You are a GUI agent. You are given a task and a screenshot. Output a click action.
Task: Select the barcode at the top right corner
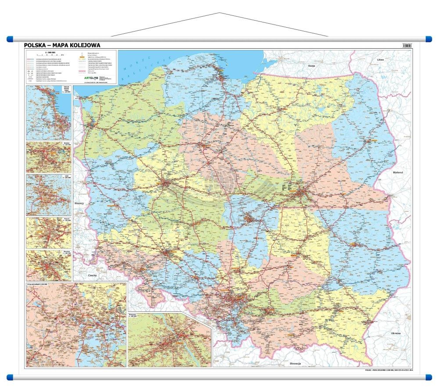tap(407, 45)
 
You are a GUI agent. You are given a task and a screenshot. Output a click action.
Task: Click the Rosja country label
tap(312, 65)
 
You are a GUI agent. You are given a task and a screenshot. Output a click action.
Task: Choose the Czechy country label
tap(92, 275)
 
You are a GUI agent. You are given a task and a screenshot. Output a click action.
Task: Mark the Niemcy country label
tap(79, 203)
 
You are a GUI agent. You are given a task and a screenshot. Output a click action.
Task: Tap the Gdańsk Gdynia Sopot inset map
tap(49, 112)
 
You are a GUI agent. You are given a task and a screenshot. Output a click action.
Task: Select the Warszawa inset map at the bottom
tap(169, 340)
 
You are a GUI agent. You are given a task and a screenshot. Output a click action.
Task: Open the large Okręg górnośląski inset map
tap(76, 324)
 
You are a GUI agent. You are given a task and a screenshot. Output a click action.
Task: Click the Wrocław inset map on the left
tap(49, 265)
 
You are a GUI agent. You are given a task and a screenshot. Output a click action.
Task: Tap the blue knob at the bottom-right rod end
tap(429, 377)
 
